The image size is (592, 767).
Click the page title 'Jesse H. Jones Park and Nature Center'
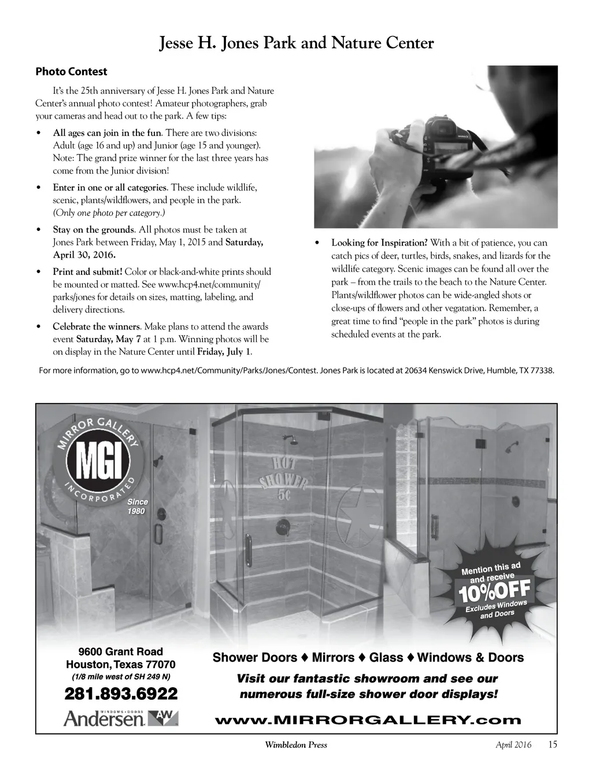(x=296, y=43)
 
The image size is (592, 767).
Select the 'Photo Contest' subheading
(x=71, y=72)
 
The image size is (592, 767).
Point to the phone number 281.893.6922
(x=121, y=693)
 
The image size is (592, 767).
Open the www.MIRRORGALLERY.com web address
(x=368, y=720)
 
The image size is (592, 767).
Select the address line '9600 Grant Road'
(x=121, y=651)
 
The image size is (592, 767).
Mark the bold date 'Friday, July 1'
(x=224, y=352)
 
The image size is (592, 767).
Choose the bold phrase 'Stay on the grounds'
(x=94, y=230)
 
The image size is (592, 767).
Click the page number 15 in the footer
(x=552, y=744)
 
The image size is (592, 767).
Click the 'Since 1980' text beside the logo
(x=137, y=506)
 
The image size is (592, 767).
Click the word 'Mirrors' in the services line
(x=333, y=658)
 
